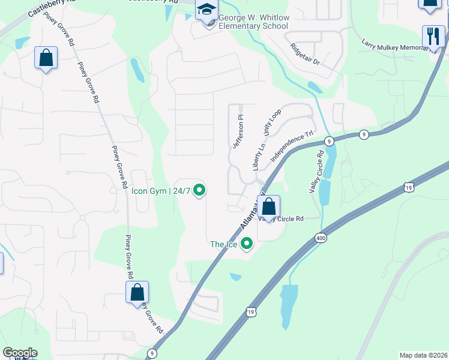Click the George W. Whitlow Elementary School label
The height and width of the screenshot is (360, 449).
coord(253,22)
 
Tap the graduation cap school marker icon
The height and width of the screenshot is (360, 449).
coord(207,10)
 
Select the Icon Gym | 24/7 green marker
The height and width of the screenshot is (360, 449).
coord(200,191)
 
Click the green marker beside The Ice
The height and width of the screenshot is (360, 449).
coord(246,244)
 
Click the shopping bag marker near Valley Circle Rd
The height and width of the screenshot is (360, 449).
coord(269,207)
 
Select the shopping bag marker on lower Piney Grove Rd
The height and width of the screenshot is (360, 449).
coord(137,293)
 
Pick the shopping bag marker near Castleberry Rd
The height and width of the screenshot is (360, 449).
coord(46,58)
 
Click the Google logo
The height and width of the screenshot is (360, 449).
coord(20,353)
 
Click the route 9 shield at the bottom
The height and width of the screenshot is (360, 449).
coord(152,354)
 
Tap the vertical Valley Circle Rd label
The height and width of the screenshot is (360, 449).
coord(316,171)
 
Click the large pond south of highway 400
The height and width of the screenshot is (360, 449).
coord(289,303)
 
